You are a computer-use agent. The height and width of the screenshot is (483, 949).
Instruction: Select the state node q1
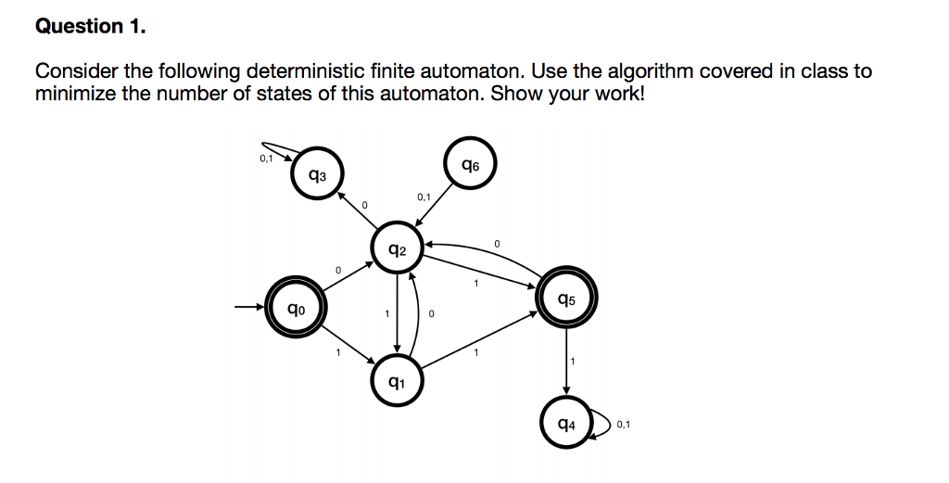pos(397,381)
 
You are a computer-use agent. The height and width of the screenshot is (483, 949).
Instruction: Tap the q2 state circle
pos(397,248)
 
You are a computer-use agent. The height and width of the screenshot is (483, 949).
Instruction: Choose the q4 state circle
pos(566,425)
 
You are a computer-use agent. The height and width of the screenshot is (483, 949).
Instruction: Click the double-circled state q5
pos(566,299)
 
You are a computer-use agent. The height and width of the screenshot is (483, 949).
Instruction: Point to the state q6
pos(470,165)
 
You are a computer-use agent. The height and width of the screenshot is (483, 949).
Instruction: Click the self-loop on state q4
pos(601,425)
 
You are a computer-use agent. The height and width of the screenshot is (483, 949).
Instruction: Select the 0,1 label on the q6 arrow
pos(424,197)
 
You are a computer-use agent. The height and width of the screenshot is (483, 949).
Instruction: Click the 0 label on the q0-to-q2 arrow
pos(338,270)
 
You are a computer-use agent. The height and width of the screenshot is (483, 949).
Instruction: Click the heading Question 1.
pos(91,27)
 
